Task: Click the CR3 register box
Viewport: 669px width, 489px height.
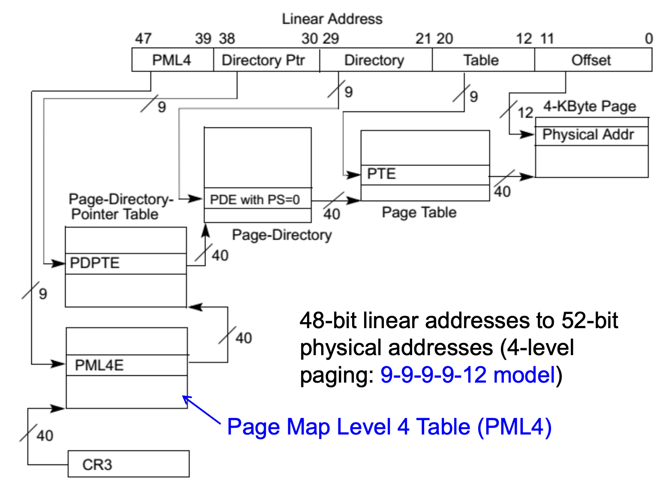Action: coord(128,464)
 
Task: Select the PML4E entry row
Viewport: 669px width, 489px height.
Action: coord(127,365)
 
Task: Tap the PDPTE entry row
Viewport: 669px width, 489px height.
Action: coord(126,263)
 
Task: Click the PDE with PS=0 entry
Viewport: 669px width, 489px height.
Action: coord(257,199)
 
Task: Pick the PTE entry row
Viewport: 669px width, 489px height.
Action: coord(425,175)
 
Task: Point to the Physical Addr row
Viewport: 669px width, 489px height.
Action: coord(591,135)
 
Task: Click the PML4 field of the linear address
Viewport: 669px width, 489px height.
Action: coord(172,60)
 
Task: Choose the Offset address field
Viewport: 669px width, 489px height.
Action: coord(592,60)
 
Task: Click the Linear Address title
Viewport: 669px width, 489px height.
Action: coord(332,19)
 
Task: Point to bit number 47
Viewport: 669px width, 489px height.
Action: coord(143,39)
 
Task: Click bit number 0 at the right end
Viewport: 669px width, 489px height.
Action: coord(648,39)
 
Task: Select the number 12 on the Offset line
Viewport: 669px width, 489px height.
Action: coord(525,113)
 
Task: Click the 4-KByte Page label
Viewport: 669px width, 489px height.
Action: coord(590,106)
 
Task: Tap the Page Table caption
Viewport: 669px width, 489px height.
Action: coord(419,212)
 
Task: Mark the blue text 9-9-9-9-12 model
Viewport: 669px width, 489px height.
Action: coord(468,374)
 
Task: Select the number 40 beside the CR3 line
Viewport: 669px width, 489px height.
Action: coord(45,436)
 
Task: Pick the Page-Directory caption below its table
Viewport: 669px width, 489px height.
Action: coord(282,235)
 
